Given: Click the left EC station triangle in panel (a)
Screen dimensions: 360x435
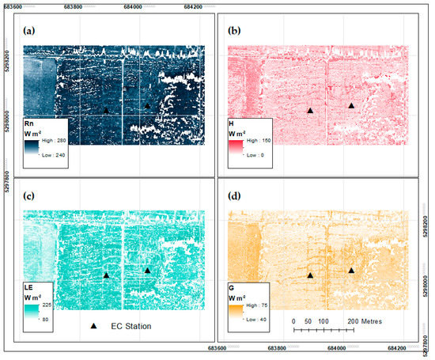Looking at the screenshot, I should [x=106, y=111].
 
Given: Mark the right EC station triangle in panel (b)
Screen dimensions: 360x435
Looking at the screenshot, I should [x=351, y=105].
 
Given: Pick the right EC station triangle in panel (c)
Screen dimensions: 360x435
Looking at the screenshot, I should [x=147, y=270].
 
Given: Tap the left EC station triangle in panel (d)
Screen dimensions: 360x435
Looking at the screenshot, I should [x=311, y=275].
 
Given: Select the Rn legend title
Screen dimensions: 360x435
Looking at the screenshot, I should [x=30, y=123].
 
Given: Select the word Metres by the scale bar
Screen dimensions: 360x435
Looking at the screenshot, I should [x=367, y=323].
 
